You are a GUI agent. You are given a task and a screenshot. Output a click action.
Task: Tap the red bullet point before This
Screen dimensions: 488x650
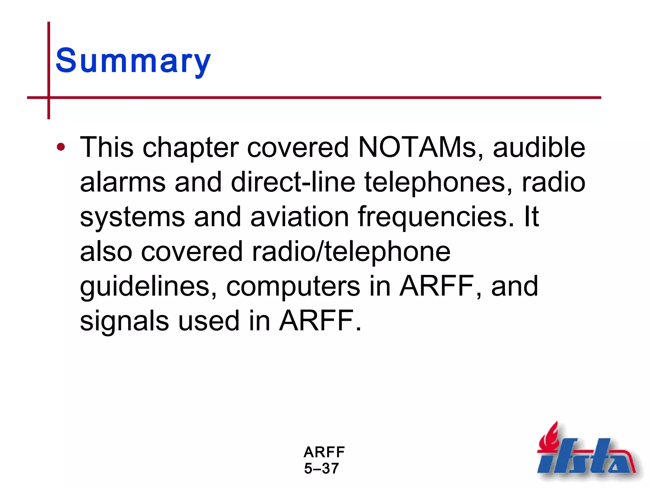click(x=61, y=147)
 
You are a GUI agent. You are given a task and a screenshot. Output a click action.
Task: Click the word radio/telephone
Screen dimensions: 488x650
click(x=351, y=251)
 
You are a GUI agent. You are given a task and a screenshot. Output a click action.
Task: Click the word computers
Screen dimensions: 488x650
click(x=293, y=286)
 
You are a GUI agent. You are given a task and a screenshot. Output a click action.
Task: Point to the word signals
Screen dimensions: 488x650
click(x=124, y=321)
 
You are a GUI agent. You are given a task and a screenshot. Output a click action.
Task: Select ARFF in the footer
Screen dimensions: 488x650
click(x=324, y=452)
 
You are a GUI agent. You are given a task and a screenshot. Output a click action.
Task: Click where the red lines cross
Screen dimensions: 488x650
click(x=49, y=98)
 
